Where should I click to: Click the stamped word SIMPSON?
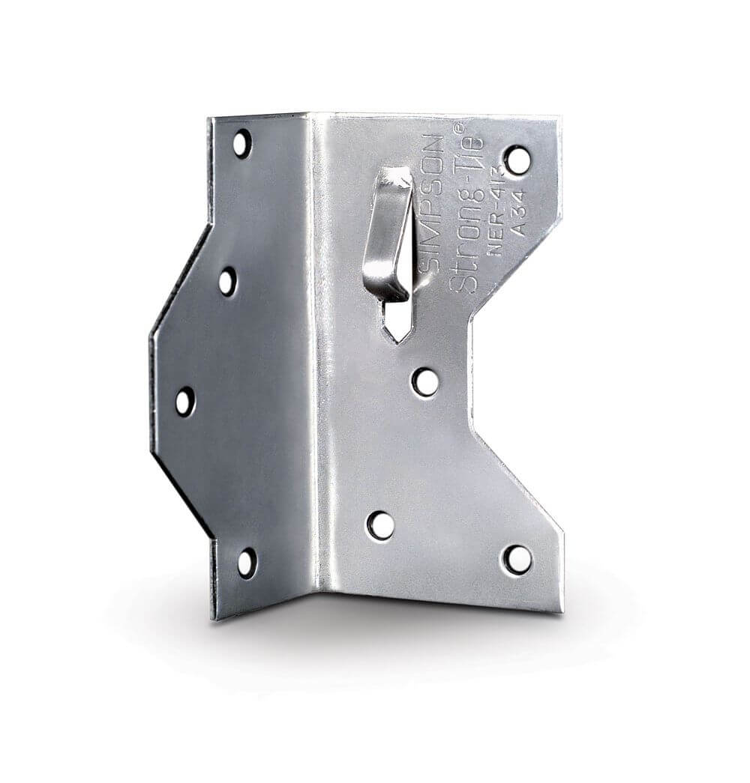click(432, 203)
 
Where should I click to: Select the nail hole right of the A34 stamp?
click(517, 160)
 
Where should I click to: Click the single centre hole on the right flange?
click(424, 381)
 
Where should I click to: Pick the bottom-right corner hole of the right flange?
click(517, 559)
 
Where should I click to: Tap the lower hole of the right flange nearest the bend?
click(381, 525)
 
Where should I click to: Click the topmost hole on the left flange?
click(241, 143)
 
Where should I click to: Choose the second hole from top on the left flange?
click(227, 282)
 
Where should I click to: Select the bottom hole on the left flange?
click(247, 563)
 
